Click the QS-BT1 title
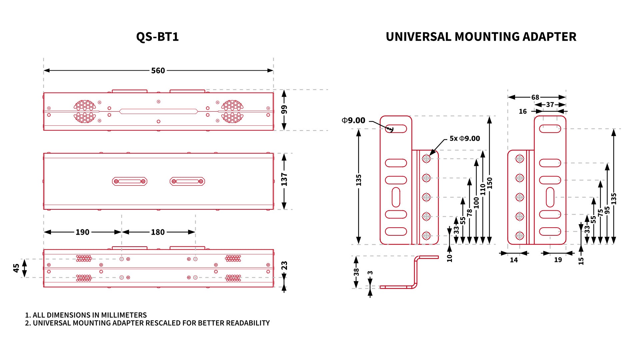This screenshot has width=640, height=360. click(x=157, y=37)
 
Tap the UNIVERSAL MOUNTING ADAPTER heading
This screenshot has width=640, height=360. click(x=481, y=37)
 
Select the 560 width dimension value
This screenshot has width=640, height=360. click(x=158, y=71)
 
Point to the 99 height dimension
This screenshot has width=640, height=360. click(x=284, y=109)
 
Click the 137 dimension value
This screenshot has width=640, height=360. click(x=284, y=179)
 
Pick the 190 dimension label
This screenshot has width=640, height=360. click(x=82, y=232)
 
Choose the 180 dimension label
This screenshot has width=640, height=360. click(x=158, y=232)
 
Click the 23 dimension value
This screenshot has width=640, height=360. click(x=284, y=266)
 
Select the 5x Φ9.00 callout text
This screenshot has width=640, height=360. click(x=465, y=138)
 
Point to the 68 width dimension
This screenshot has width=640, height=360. click(x=535, y=97)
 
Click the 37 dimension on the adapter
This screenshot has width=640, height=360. click(x=550, y=105)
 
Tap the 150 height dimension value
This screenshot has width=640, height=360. click(x=489, y=183)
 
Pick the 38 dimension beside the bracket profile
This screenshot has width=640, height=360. click(x=356, y=272)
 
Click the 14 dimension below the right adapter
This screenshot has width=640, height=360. click(x=514, y=260)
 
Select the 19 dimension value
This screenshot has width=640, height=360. click(x=558, y=260)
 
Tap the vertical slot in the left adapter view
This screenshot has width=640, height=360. click(x=396, y=197)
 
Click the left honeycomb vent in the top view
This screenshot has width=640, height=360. click(x=85, y=111)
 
